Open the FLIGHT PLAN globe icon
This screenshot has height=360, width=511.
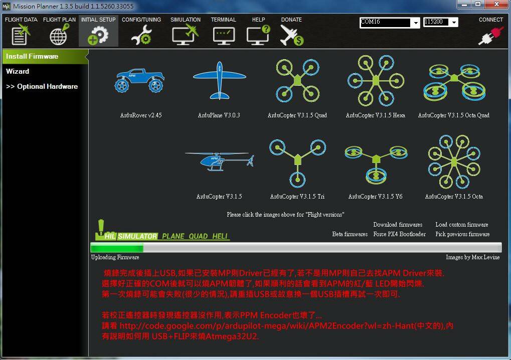[59, 34]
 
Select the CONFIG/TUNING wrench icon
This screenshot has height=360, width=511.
[141, 35]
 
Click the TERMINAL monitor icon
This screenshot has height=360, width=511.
[224, 36]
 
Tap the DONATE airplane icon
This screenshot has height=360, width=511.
[291, 35]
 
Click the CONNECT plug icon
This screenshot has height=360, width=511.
[490, 35]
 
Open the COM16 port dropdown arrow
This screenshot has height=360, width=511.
[416, 23]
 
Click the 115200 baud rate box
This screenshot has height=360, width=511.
[437, 22]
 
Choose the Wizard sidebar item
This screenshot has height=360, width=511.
[18, 71]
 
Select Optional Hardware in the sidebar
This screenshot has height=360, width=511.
[42, 86]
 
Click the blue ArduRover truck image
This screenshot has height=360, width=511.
[139, 80]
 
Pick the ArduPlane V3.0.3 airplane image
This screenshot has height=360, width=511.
[219, 80]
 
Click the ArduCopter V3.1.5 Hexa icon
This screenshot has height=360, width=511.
[376, 80]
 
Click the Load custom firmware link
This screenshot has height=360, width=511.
[462, 225]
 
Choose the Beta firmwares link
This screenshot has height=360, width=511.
[350, 234]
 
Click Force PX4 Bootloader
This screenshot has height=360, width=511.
[400, 234]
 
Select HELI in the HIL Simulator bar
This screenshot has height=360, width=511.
[220, 236]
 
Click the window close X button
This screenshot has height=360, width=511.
[496, 4]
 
